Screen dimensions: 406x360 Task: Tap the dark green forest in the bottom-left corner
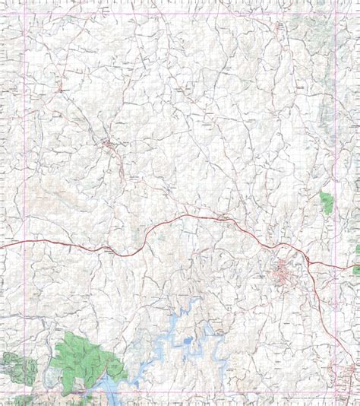coord(20,368)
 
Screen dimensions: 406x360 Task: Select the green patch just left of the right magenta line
coord(327,202)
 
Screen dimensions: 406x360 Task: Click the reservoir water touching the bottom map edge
coord(106,398)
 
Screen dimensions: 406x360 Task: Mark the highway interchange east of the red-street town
coord(309,262)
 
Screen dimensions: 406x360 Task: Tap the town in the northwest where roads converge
coord(110,142)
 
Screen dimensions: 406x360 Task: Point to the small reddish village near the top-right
coord(282,30)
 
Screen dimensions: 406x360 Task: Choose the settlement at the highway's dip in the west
coord(110,249)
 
